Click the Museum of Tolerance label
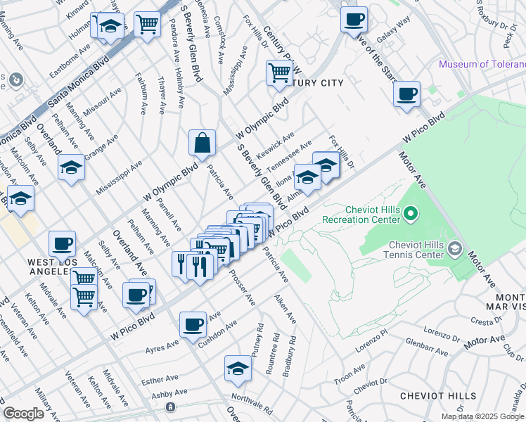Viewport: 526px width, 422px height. click(482, 64)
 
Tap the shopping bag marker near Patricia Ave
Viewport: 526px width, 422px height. click(202, 143)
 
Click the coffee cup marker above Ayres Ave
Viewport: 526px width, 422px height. click(193, 325)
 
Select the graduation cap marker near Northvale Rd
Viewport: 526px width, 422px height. click(238, 369)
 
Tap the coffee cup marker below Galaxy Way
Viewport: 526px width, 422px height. click(406, 94)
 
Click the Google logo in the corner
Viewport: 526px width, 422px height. click(23, 414)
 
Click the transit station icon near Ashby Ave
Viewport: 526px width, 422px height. click(169, 407)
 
